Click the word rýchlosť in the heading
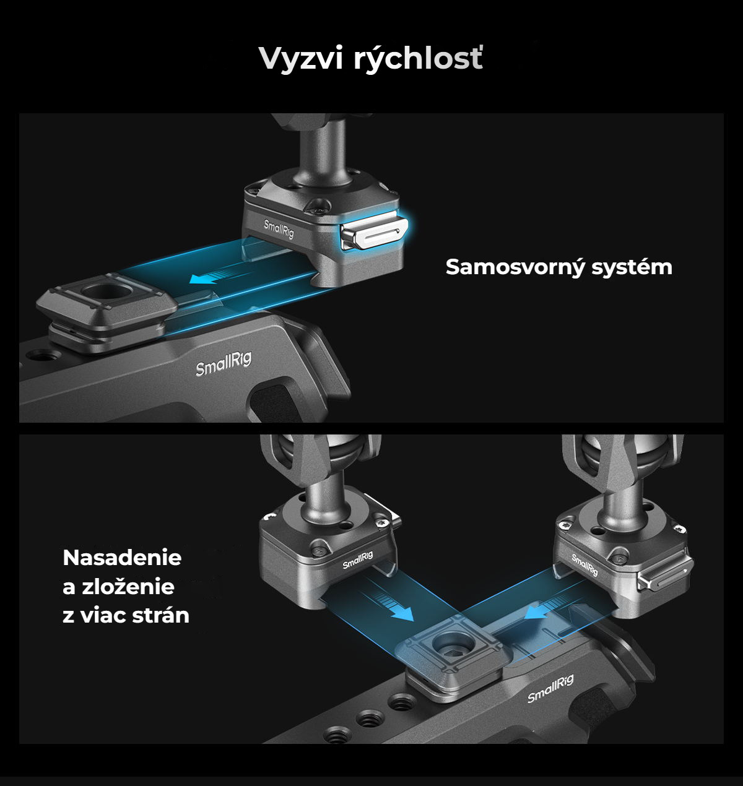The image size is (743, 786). [418, 59]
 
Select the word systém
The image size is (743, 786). [632, 267]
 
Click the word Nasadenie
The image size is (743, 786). [123, 558]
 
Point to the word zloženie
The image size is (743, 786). [128, 587]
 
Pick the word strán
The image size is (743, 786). [161, 616]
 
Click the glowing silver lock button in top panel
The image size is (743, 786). [374, 235]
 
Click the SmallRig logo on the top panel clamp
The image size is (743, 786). [279, 229]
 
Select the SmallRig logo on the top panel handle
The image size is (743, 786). [224, 364]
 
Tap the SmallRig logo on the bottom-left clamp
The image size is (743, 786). [358, 560]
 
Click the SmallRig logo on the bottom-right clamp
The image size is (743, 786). [584, 564]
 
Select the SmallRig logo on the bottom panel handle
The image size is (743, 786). [550, 689]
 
